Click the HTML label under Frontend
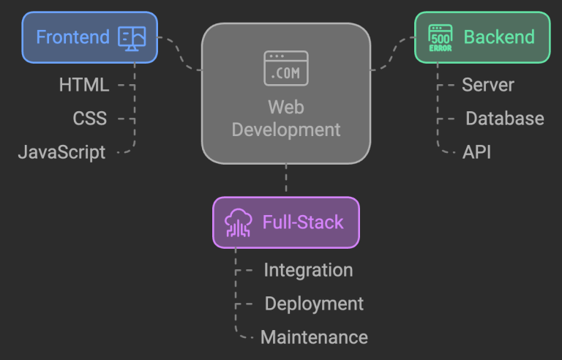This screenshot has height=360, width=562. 83,85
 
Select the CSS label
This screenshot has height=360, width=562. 89,119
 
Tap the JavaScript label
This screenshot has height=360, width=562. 61,152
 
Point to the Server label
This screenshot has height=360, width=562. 487,85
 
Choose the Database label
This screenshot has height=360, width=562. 504,119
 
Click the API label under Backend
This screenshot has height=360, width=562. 476,152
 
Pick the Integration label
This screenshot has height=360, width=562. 308,270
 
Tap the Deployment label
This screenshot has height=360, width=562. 314,304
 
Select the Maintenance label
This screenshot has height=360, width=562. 314,337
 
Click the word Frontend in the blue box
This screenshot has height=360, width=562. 72,37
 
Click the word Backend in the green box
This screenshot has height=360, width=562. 499,37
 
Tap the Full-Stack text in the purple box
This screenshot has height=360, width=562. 303,222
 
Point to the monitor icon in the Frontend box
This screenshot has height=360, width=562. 132,37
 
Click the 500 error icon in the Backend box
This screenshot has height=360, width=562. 441,37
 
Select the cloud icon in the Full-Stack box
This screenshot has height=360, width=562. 239,222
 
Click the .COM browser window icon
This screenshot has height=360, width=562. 286,68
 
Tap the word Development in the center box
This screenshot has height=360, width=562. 286,130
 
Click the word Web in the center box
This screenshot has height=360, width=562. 286,108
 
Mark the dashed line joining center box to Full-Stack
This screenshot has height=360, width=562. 286,180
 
